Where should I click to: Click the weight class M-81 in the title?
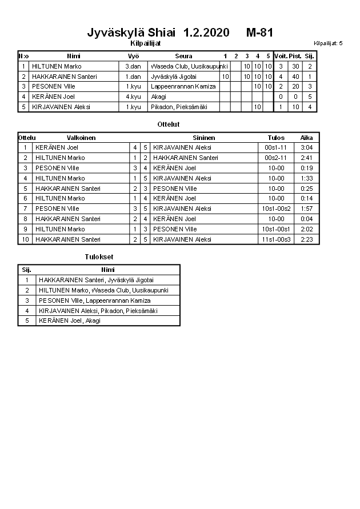pos(260,33)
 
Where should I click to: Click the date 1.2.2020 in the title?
pos(206,33)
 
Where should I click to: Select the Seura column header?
pos(183,56)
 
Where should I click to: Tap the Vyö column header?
pos(133,56)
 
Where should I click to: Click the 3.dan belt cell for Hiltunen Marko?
pos(133,66)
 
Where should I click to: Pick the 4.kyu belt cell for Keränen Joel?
pos(133,97)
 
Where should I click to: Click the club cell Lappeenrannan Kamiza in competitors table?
pos(183,86)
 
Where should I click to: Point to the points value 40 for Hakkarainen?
pos(295,77)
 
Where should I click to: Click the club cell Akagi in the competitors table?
pos(159,97)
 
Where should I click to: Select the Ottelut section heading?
pos(169,124)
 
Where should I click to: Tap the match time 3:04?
pos(306,147)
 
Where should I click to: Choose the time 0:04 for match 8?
pos(306,219)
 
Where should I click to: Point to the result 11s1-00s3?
pos(277,239)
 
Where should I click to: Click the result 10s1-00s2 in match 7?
pos(277,209)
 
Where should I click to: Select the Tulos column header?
pos(276,138)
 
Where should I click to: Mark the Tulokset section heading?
pos(99,257)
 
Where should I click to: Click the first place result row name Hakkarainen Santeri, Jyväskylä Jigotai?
pos(96,280)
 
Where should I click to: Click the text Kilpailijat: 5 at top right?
pos(328,43)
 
